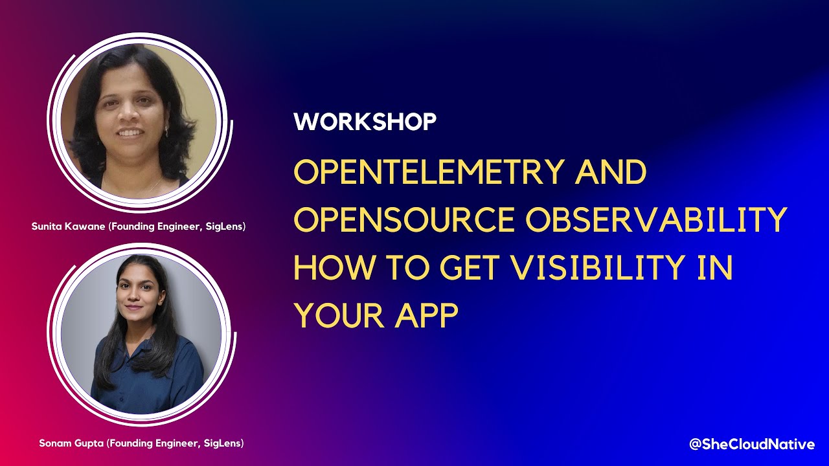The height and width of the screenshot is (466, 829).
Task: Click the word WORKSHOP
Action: (x=365, y=122)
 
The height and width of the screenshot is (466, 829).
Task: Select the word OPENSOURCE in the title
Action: (x=404, y=220)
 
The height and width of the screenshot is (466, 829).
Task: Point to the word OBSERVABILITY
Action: (x=655, y=220)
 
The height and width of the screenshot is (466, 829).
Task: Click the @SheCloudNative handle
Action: (x=751, y=444)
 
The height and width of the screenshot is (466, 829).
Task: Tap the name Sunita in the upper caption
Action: (x=47, y=227)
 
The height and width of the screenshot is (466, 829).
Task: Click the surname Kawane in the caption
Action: (x=84, y=227)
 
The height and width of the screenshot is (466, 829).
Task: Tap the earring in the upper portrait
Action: (x=166, y=131)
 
